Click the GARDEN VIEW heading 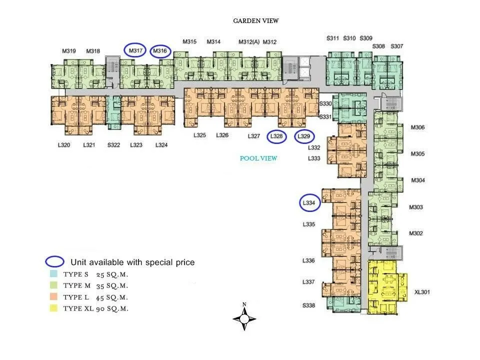(256, 21)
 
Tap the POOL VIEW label (258, 158)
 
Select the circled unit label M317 (135, 50)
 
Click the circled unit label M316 (160, 51)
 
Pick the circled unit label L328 (276, 136)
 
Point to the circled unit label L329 (304, 136)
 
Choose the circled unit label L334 (309, 202)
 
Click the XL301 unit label (422, 292)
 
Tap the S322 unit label (113, 145)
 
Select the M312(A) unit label (249, 42)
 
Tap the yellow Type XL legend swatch (53, 308)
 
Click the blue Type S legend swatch (53, 273)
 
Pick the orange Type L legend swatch (53, 296)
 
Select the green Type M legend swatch (53, 285)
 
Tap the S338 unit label (308, 305)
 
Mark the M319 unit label (69, 51)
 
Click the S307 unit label (396, 46)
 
